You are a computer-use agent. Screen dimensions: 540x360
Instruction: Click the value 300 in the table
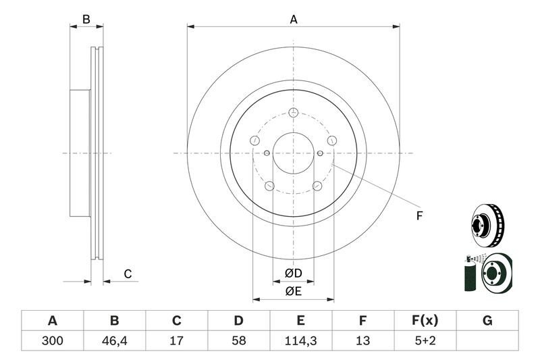(x=53, y=340)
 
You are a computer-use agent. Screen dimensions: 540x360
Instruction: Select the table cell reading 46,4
(x=115, y=340)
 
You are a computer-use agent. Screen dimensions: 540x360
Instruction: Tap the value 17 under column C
(x=177, y=340)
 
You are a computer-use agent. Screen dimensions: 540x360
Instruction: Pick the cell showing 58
(x=239, y=340)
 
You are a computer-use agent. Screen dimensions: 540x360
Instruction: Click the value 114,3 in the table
(x=300, y=340)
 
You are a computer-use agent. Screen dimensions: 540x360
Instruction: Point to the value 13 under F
(x=362, y=340)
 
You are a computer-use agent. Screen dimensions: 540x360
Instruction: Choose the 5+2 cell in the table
(x=425, y=340)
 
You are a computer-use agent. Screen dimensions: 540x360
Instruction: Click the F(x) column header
(x=425, y=321)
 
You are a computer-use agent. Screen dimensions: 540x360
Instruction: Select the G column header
(x=487, y=321)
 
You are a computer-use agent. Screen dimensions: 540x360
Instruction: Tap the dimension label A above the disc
(x=294, y=20)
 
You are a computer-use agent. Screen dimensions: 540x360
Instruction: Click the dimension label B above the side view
(x=86, y=20)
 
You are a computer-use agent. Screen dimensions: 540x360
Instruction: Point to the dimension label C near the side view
(x=128, y=274)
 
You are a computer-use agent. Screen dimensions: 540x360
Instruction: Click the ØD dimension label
(x=294, y=274)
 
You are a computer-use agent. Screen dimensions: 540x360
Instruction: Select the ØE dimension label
(x=294, y=292)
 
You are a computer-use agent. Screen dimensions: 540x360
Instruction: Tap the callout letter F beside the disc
(x=419, y=216)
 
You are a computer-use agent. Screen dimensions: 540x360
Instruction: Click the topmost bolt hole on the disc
(x=294, y=112)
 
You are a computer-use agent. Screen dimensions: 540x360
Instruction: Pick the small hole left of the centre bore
(x=267, y=153)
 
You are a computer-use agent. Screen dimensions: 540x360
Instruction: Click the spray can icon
(x=470, y=273)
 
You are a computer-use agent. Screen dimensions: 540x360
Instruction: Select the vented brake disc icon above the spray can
(x=487, y=226)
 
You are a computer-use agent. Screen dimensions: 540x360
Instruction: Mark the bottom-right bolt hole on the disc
(x=317, y=186)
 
